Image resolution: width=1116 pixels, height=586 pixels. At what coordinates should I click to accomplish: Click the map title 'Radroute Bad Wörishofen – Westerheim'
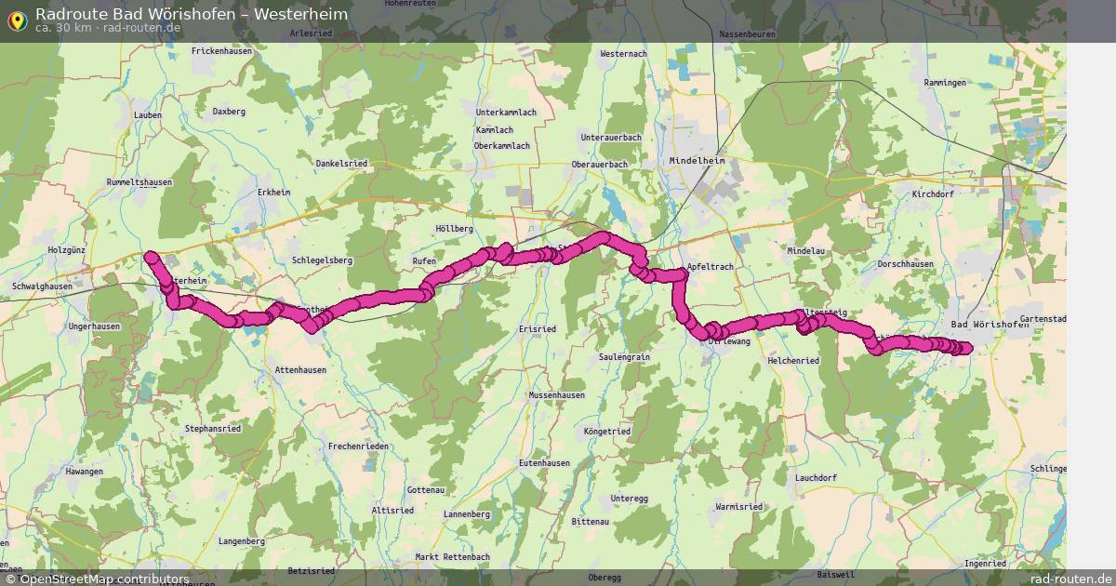click(x=192, y=13)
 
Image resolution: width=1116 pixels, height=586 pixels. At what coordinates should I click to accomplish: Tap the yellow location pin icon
click(x=16, y=20)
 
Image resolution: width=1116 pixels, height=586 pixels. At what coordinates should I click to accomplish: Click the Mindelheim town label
click(x=696, y=161)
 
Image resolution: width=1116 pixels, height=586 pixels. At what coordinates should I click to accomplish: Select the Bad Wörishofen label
click(x=990, y=324)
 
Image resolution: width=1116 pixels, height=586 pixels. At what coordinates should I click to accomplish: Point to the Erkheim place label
click(x=274, y=193)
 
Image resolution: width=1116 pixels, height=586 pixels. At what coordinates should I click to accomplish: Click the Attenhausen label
click(x=300, y=369)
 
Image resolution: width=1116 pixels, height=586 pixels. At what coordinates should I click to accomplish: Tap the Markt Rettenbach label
click(x=452, y=556)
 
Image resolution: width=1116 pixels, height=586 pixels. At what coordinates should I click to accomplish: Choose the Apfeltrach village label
click(x=710, y=267)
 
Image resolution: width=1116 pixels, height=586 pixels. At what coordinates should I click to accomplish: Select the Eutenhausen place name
click(x=544, y=462)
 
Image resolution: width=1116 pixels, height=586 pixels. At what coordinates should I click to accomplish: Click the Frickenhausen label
click(x=222, y=51)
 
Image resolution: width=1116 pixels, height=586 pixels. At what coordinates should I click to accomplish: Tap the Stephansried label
click(x=213, y=429)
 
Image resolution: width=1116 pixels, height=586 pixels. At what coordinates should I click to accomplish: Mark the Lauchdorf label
click(x=816, y=478)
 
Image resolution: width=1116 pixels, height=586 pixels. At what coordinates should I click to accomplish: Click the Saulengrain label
click(x=624, y=357)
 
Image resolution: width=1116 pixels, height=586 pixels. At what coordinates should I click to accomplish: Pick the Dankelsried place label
click(x=341, y=163)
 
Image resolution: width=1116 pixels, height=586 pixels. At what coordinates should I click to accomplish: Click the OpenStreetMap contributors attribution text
click(x=97, y=579)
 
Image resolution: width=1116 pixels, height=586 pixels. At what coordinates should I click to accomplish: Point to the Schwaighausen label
click(x=42, y=286)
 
